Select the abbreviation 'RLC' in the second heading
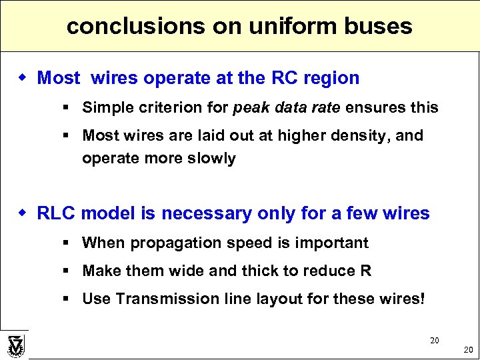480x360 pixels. click(57, 213)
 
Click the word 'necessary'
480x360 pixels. click(209, 213)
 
